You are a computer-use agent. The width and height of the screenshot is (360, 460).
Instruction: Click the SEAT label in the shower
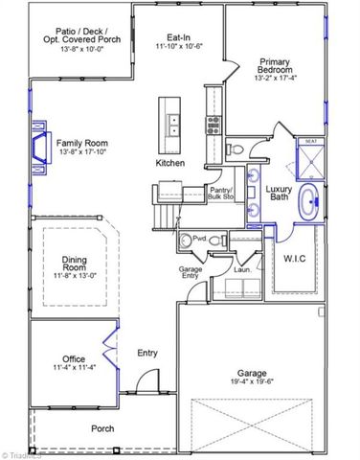(310, 142)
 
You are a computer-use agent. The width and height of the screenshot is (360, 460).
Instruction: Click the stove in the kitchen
(213, 123)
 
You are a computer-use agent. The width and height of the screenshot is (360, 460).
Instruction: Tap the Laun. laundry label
(242, 269)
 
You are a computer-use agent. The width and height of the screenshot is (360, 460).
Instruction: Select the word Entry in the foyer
(147, 353)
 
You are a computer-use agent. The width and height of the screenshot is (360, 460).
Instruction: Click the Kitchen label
(170, 163)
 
